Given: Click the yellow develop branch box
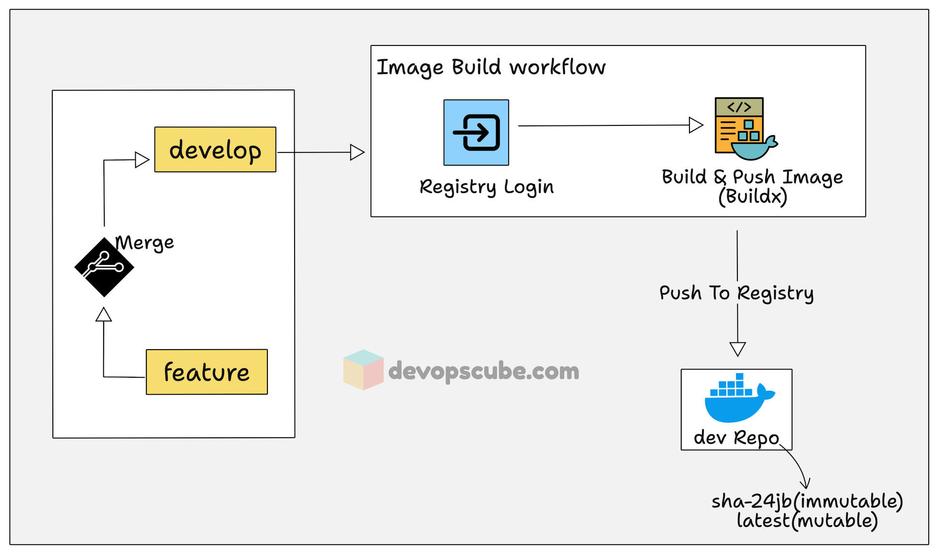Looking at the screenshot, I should tap(215, 150).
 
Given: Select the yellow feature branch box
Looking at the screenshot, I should tap(207, 372).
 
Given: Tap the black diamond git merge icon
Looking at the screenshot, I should tap(104, 267).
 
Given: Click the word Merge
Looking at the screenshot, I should tap(145, 243).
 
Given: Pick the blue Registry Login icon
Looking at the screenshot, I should tap(476, 133).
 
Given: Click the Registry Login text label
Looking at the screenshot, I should tap(486, 187).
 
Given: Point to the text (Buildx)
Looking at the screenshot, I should tap(752, 197).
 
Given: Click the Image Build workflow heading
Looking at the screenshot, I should tap(491, 67).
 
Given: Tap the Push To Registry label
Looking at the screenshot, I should tap(736, 293).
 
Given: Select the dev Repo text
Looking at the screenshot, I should tap(736, 438).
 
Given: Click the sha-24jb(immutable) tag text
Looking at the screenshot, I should tap(807, 501).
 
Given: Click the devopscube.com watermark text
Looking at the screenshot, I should tap(484, 371).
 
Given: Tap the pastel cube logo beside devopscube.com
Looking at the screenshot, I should tap(363, 370).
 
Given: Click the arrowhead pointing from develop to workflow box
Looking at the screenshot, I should tap(357, 152).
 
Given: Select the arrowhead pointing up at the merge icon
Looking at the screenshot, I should tap(104, 315).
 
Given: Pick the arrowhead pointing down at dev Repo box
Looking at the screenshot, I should tap(737, 349).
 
